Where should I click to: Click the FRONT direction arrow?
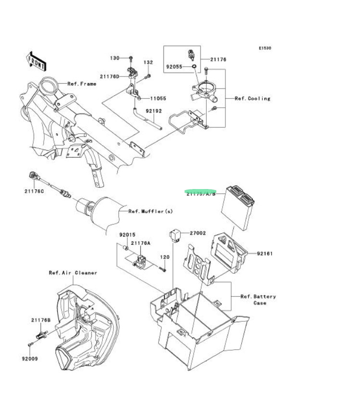[37, 61]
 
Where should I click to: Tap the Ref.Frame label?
[82, 84]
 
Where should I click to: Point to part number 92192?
[154, 111]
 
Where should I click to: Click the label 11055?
[158, 98]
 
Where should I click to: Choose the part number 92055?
[175, 67]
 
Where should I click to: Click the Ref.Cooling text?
[252, 98]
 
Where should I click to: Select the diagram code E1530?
[265, 49]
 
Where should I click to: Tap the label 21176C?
[34, 191]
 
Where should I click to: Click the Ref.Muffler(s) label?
[150, 211]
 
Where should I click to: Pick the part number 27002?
[198, 233]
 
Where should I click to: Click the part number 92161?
[265, 253]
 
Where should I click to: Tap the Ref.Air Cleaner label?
[73, 273]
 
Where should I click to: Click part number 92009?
[29, 358]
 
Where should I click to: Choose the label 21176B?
[41, 320]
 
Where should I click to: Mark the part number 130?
[114, 58]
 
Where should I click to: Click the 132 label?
[148, 63]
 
